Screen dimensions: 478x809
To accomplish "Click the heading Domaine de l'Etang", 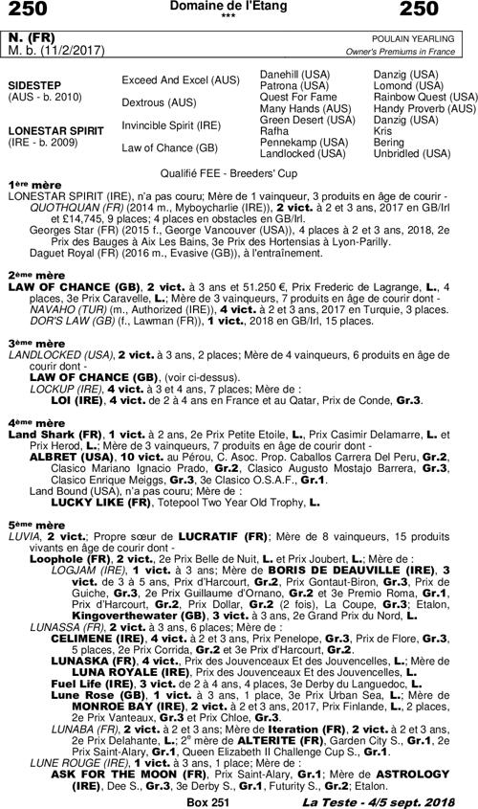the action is coord(240,7).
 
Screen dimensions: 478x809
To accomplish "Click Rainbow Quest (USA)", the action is coord(424,97).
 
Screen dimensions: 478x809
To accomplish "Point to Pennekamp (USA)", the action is coord(300,142).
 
